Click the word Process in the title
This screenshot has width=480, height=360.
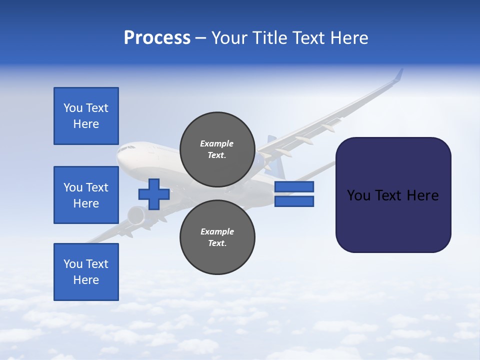point(157,38)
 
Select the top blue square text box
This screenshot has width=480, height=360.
point(86,116)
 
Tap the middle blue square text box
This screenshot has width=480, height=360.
point(86,195)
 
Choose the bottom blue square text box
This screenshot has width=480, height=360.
point(86,272)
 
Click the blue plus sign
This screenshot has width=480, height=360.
point(154,194)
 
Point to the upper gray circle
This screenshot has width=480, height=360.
point(217,149)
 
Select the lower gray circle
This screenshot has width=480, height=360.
point(217,237)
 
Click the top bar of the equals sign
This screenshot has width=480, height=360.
point(294,187)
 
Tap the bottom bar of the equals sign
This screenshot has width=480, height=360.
point(294,201)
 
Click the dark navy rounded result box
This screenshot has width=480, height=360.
point(393,195)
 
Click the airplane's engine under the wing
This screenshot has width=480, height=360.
point(136,216)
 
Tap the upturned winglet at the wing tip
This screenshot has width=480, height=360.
point(398,75)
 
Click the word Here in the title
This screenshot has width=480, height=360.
point(349,38)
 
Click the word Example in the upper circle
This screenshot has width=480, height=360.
point(217,143)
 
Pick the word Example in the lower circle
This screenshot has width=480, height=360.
point(217,231)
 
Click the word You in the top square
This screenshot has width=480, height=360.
point(72,108)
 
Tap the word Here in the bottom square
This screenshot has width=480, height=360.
point(86,280)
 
